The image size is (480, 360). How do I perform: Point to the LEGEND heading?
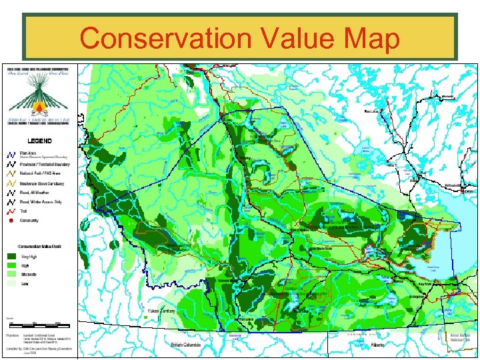(x=39, y=141)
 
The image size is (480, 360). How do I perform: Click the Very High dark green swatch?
(x=13, y=255)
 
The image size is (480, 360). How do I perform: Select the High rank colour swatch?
(x=13, y=265)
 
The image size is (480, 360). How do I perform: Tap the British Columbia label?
(x=185, y=345)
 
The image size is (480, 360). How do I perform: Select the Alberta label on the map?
(x=379, y=345)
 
